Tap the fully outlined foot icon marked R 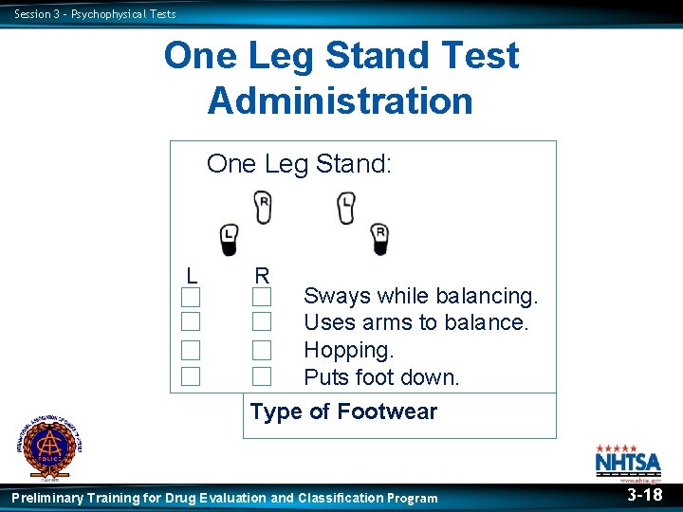(x=263, y=207)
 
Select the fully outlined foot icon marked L (x=346, y=207)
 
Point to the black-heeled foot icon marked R (x=379, y=239)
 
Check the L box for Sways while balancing (x=192, y=297)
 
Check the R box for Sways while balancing (x=262, y=297)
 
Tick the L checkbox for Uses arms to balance (x=192, y=322)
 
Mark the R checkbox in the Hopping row (x=262, y=350)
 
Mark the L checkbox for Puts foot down (x=192, y=376)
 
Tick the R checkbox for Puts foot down (x=262, y=376)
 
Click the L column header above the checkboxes (x=192, y=275)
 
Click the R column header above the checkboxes (x=262, y=275)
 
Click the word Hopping (x=348, y=350)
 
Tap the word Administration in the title (x=340, y=100)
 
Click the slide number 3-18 (x=644, y=495)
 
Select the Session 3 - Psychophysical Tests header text (x=95, y=13)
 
